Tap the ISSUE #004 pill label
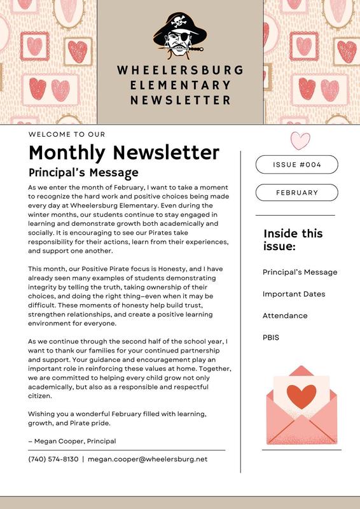click(296, 165)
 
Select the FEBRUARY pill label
click(296, 192)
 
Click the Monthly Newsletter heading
click(124, 153)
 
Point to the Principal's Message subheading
click(83, 172)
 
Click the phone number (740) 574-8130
click(53, 459)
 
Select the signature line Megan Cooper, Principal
click(72, 441)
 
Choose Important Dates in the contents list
click(294, 294)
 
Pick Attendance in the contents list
click(285, 316)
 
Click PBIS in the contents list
click(271, 337)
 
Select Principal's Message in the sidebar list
click(300, 272)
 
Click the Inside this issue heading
click(293, 239)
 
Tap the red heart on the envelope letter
click(301, 396)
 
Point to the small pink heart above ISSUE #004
click(300, 140)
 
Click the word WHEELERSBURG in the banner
click(180, 70)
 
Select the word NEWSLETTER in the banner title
click(180, 101)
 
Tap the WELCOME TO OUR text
click(67, 134)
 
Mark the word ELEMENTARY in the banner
click(180, 85)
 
